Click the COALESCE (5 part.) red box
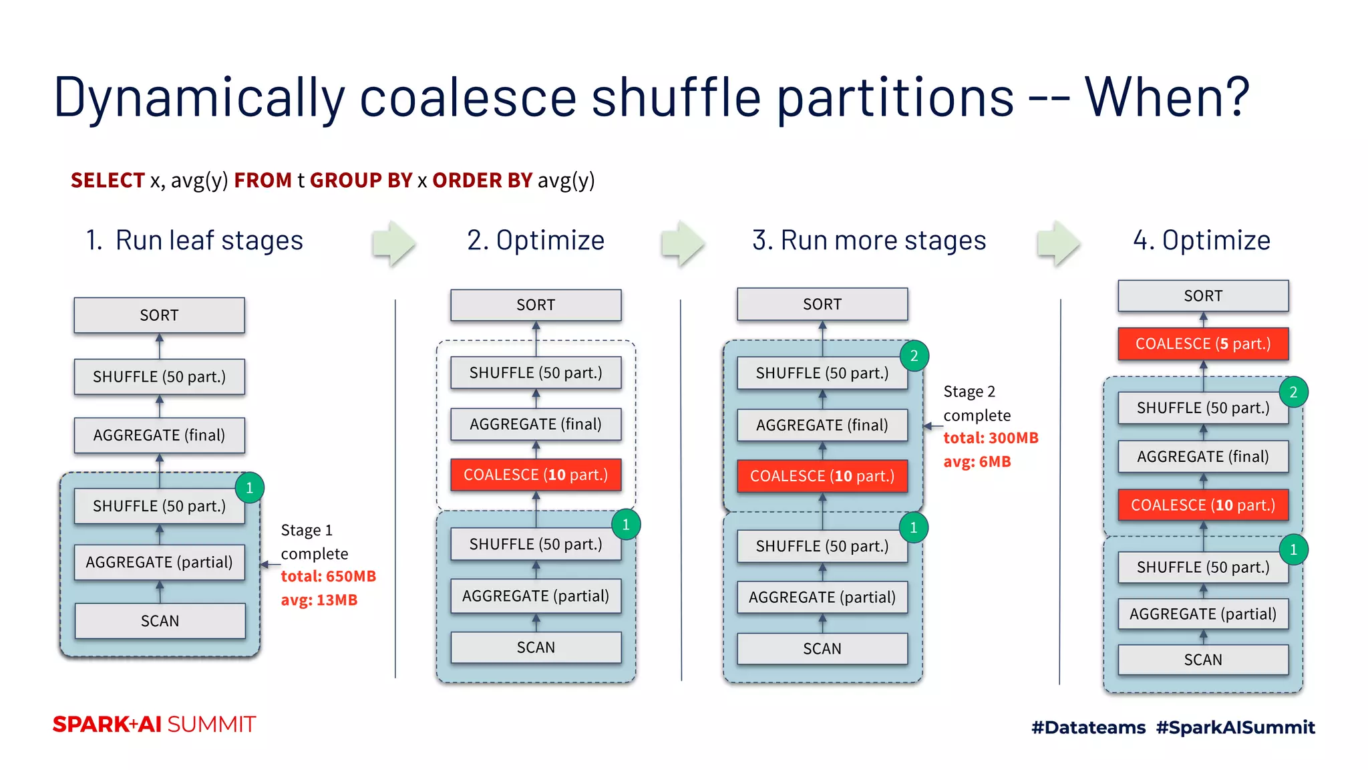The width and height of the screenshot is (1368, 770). (x=1202, y=344)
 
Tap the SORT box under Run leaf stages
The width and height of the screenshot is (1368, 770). (x=159, y=315)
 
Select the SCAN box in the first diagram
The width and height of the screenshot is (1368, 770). (x=160, y=621)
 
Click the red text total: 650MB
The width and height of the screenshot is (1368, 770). (x=328, y=576)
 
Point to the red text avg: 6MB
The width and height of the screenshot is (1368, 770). (x=977, y=462)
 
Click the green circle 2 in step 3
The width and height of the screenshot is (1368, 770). (x=914, y=356)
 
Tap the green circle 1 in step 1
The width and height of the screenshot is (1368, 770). (x=249, y=488)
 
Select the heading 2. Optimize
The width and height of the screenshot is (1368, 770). (x=536, y=240)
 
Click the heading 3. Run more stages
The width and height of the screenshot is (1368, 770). (x=868, y=240)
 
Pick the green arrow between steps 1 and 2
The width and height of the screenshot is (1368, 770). (x=395, y=243)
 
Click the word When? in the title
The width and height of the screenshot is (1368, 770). (x=1166, y=98)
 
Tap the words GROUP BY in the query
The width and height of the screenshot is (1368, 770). (x=361, y=180)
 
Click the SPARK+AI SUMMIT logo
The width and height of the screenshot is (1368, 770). (x=154, y=725)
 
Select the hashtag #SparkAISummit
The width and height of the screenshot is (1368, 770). (x=1235, y=727)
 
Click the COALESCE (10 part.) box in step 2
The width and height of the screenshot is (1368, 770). (x=536, y=475)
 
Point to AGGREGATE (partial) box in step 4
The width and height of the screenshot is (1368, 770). (x=1202, y=614)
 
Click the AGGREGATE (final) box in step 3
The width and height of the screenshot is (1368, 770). (x=822, y=425)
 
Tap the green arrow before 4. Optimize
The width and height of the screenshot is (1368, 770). (x=1059, y=243)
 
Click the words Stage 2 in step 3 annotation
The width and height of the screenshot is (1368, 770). (x=969, y=392)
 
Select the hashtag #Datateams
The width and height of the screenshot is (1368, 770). (x=1088, y=727)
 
